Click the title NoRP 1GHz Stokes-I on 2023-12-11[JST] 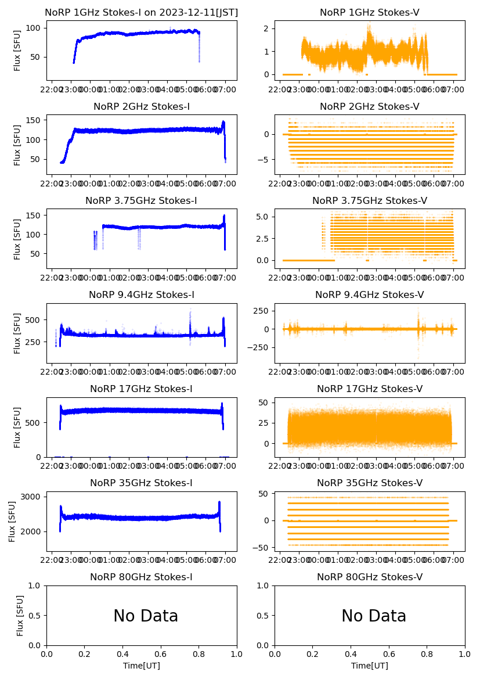[142, 13]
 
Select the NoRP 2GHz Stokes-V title [370, 107]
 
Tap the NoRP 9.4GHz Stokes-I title [142, 295]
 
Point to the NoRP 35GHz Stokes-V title [370, 483]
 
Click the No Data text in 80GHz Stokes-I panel [146, 616]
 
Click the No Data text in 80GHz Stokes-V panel [374, 616]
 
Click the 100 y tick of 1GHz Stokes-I [34, 28]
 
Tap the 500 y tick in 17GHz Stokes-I [34, 422]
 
